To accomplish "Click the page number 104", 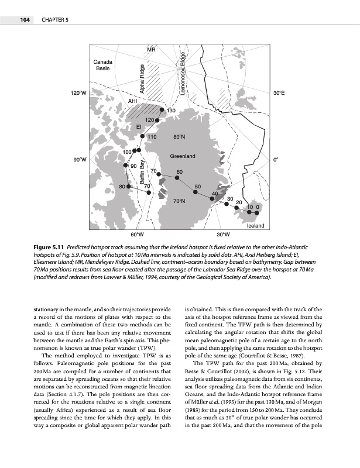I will coord(25,20).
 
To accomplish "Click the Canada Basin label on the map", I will coord(103,66).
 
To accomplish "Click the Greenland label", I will coord(182,156).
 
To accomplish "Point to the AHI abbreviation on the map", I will coord(133,102).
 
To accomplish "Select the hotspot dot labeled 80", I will coord(129,186).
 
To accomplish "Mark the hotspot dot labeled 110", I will coord(142,136).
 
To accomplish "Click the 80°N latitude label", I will coord(180,136).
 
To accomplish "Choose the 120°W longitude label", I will coord(78,92).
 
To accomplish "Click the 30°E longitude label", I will coord(279,92).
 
